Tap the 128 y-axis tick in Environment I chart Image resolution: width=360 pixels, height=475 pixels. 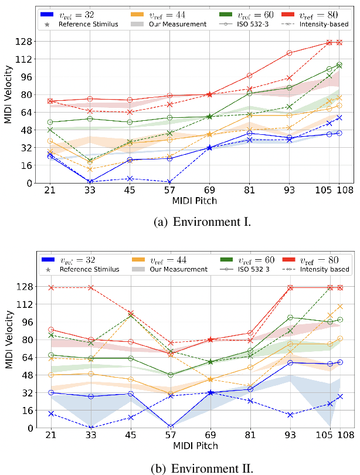[25, 42]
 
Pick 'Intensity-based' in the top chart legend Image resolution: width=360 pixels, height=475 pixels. [322, 24]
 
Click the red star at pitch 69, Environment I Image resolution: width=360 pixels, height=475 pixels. [210, 94]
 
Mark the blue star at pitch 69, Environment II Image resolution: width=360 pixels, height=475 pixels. [210, 393]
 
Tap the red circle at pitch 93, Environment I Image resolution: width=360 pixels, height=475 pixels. [289, 53]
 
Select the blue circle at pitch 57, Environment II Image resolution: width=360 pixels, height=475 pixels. [170, 427]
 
